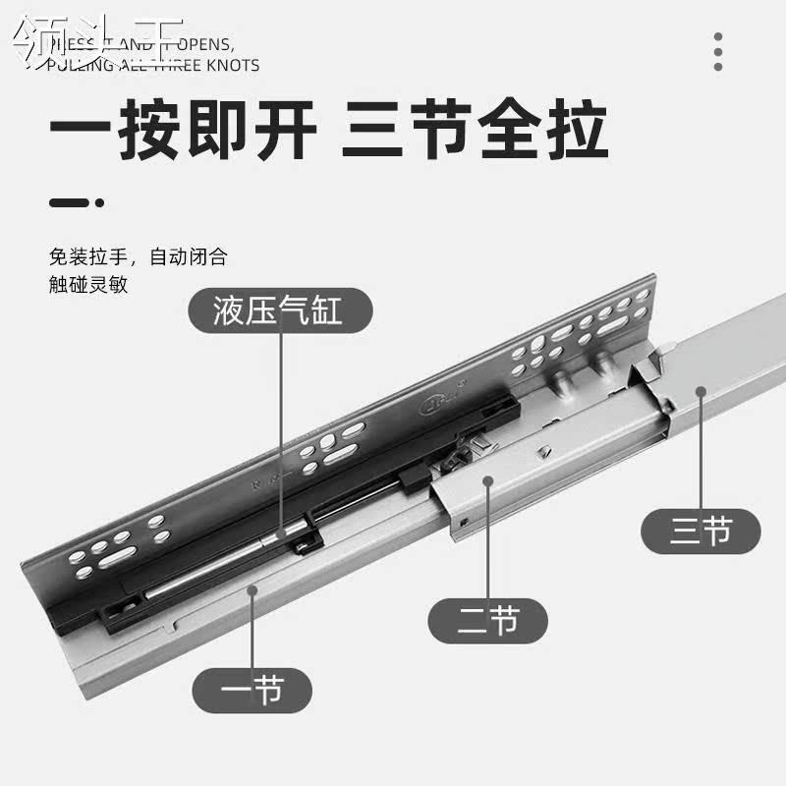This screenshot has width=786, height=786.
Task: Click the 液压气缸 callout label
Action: coord(279,312)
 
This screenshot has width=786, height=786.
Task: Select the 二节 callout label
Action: coord(488,620)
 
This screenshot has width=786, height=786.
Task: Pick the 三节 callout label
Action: coord(701,532)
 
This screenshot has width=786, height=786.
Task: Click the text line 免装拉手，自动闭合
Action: coord(139,258)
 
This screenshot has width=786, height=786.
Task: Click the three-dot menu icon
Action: coord(718,51)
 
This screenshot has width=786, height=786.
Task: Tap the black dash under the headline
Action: coord(70,203)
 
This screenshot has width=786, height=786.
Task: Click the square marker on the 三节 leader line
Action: coord(701,390)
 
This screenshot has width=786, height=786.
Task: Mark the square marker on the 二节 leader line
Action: coord(488,480)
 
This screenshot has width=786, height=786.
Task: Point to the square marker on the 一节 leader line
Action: coord(253,589)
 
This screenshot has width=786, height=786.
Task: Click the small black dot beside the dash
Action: coord(100,203)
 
